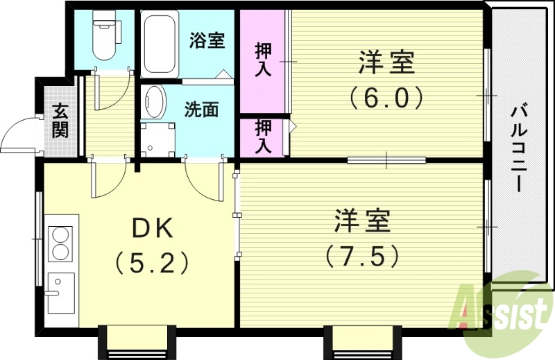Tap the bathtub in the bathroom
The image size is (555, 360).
coord(159,44)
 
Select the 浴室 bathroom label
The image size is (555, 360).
coord(206,40)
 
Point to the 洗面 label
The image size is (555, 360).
coord(201,110)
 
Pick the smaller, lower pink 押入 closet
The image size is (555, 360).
coord(262,137)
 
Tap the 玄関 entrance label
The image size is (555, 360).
coord(60,120)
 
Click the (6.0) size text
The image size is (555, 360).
coord(386,98)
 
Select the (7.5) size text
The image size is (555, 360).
coord(362,257)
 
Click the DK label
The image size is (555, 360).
coord(151,227)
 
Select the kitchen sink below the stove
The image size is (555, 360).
coord(61,291)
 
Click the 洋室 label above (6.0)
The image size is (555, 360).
coord(386,64)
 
